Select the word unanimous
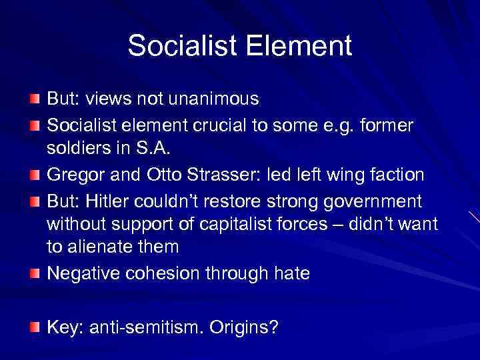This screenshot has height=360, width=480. (x=216, y=99)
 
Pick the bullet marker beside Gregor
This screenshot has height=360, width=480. (x=35, y=175)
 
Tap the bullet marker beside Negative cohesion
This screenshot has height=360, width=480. (x=35, y=273)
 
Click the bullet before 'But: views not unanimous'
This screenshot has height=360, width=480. (x=35, y=100)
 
